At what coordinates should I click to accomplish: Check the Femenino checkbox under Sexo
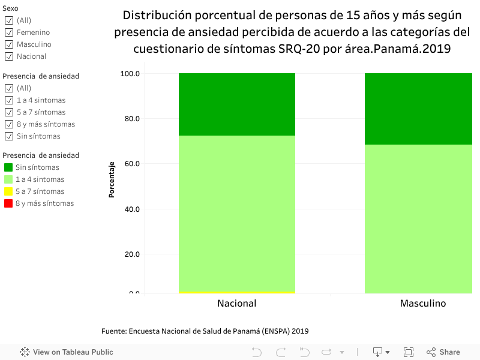(x=9, y=32)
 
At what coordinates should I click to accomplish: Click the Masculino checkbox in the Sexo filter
(x=9, y=44)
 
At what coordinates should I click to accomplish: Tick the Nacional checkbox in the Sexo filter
(x=9, y=56)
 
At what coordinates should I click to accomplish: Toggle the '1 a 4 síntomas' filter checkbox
(x=9, y=100)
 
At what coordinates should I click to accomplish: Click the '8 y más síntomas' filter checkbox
(x=9, y=124)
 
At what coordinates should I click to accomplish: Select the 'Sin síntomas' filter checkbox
(x=9, y=136)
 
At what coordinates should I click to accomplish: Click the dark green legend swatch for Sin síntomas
(x=8, y=167)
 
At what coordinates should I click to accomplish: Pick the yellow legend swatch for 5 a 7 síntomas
(x=8, y=191)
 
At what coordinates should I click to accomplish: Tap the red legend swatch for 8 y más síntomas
(x=8, y=203)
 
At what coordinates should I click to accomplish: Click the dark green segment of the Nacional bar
(x=236, y=104)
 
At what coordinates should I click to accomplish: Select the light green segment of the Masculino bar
(x=423, y=219)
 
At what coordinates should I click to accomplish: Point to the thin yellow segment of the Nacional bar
(x=236, y=292)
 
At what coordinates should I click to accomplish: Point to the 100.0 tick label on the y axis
(x=130, y=74)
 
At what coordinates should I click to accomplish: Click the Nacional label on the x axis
(x=236, y=304)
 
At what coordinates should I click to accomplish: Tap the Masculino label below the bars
(x=423, y=304)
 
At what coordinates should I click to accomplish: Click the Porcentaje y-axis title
(x=112, y=179)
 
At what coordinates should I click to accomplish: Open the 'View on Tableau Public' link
(x=67, y=352)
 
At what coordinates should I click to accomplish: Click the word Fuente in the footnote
(x=113, y=331)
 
